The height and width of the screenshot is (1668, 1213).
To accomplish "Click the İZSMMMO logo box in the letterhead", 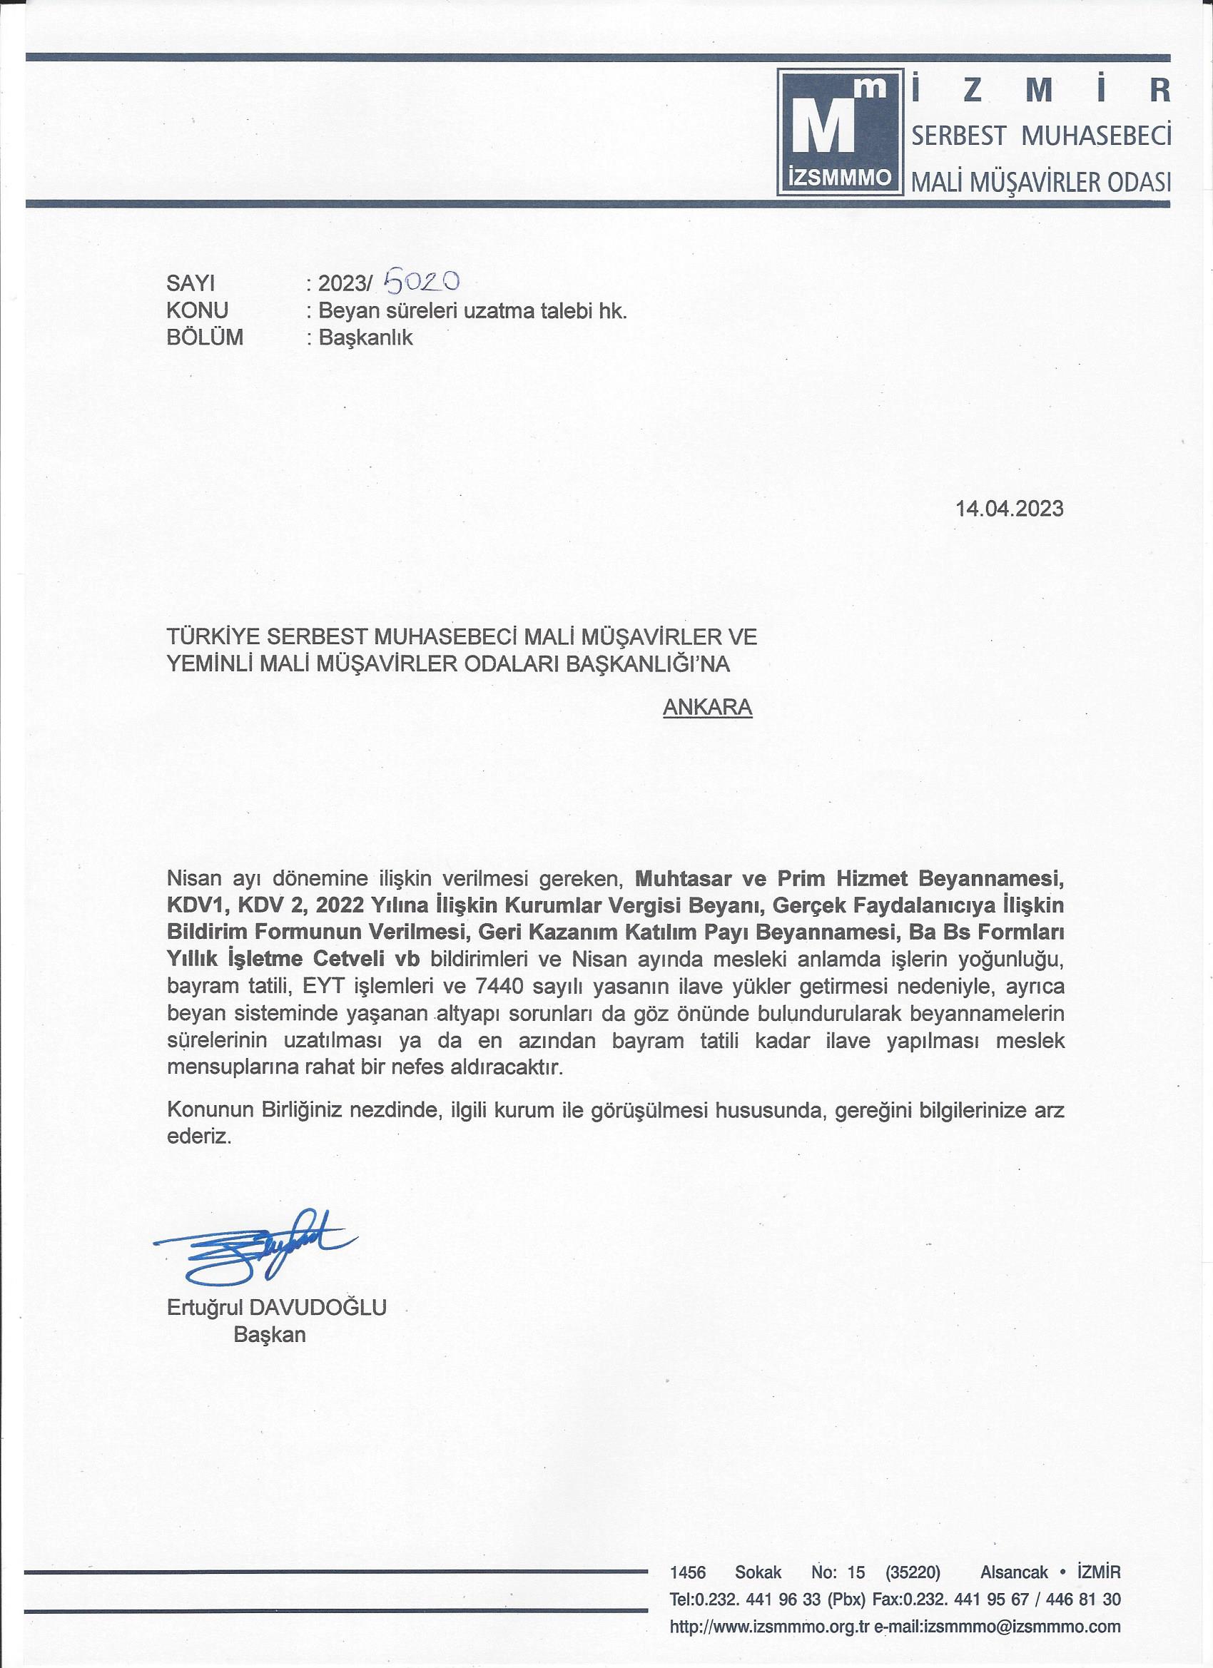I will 839,133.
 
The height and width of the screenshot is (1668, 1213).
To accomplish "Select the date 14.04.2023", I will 1009,508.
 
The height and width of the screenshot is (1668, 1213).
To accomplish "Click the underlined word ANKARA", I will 707,707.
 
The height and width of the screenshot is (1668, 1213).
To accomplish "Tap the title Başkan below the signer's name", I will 269,1334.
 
